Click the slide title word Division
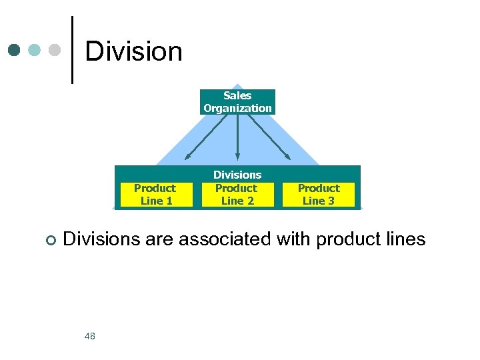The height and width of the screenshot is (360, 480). pos(133,51)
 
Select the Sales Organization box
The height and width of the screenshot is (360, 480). pos(237,102)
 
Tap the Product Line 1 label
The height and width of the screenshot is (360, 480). pos(155,194)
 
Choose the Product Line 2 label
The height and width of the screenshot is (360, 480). pos(237,194)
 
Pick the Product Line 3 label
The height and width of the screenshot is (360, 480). pos(319,194)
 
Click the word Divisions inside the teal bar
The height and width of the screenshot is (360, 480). pos(237,175)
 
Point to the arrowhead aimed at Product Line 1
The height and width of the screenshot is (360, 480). pos(187,157)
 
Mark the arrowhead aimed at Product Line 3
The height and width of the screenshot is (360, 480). pos(288,157)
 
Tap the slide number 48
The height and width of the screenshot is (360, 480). pos(90,336)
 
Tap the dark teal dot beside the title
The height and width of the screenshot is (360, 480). pos(15,50)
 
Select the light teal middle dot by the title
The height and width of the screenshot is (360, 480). pos(35,50)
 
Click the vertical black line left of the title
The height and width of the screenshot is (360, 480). pos(72,50)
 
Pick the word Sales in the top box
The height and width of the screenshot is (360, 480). pos(237,96)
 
